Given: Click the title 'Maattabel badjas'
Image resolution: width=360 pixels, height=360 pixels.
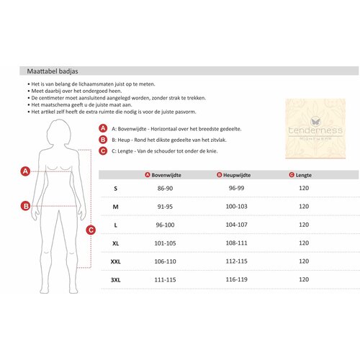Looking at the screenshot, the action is tap(53, 71).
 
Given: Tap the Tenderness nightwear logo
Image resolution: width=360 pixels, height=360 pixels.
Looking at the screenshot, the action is tap(315, 129).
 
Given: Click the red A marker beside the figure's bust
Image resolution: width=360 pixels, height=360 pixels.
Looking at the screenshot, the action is tap(25, 171).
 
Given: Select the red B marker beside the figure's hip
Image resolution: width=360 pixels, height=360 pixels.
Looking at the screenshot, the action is tap(26, 206).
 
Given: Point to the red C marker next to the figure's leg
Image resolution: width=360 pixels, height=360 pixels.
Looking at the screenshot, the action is tap(91, 230).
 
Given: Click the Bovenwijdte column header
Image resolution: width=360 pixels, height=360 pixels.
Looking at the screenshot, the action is tap(163, 175).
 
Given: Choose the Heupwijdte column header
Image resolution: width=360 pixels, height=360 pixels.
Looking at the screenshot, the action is tap(233, 175).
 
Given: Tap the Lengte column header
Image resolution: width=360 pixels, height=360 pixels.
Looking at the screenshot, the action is tap(300, 175).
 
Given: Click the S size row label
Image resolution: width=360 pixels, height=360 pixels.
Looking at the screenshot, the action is tap(115, 189).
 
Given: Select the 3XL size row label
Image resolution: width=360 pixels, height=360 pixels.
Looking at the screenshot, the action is tap(115, 280).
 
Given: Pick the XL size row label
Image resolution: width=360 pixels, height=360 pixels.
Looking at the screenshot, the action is tap(115, 243).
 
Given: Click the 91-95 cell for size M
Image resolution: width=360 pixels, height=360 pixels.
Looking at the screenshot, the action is tap(165, 207).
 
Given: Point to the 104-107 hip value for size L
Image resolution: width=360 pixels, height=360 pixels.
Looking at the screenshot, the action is tap(236, 225).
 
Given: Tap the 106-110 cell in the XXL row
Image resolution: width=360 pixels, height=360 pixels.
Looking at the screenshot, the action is tap(165, 261).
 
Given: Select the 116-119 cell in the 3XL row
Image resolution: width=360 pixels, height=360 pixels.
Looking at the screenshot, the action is tap(236, 279).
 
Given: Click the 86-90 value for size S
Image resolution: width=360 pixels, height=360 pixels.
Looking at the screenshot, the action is tap(165, 189).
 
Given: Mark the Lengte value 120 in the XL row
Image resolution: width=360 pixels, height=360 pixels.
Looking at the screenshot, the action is tap(304, 243).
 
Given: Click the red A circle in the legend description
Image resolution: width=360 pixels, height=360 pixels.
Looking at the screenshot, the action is tap(103, 128).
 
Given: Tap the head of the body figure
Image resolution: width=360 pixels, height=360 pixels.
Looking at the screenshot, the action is tap(59, 132).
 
